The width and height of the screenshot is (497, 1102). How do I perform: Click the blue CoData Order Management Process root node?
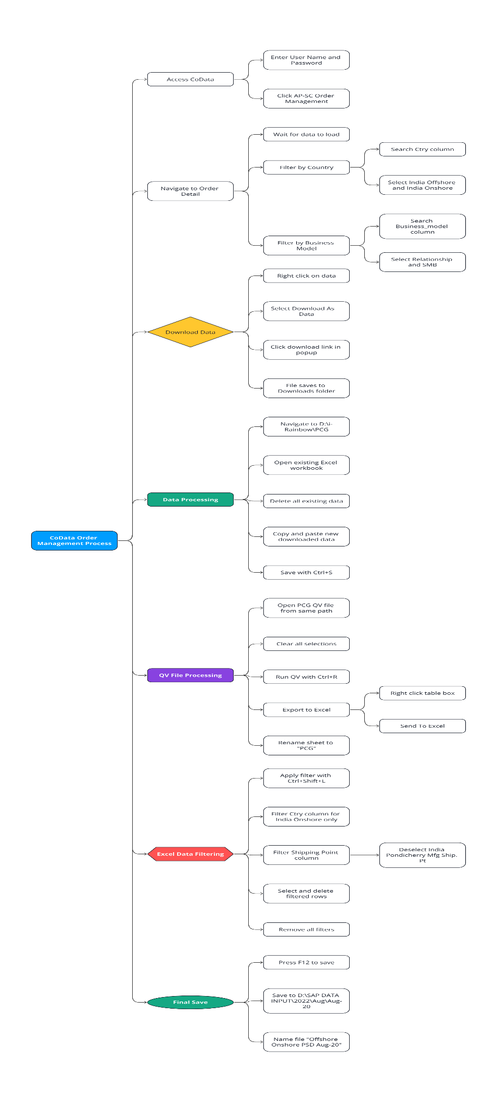(74, 540)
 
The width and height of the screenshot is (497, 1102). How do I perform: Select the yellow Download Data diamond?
(190, 332)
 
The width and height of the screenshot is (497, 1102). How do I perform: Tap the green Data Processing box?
(190, 500)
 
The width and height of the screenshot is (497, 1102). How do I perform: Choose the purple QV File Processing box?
(190, 675)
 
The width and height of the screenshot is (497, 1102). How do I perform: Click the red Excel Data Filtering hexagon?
(190, 854)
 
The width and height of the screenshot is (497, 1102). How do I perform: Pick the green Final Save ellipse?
(190, 1002)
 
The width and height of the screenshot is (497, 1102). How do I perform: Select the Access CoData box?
(190, 79)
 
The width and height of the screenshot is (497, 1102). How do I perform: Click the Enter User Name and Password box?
(306, 60)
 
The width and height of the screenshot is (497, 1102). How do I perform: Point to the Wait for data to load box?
(306, 134)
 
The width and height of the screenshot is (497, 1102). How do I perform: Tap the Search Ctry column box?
(422, 149)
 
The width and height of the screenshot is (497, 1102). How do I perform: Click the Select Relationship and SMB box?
(422, 262)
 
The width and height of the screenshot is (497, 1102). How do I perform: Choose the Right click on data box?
(306, 276)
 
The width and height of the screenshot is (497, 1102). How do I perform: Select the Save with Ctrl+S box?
(306, 573)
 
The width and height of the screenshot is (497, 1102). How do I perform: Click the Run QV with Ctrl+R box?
(306, 677)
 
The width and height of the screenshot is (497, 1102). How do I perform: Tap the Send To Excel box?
(422, 726)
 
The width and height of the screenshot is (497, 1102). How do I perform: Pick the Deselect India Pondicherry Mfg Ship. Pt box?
(422, 855)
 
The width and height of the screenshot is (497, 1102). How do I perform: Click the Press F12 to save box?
(306, 962)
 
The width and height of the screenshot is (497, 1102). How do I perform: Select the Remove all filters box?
(306, 929)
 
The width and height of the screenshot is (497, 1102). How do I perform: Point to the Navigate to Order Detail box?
(190, 191)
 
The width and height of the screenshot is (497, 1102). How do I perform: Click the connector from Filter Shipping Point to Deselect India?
(364, 855)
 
